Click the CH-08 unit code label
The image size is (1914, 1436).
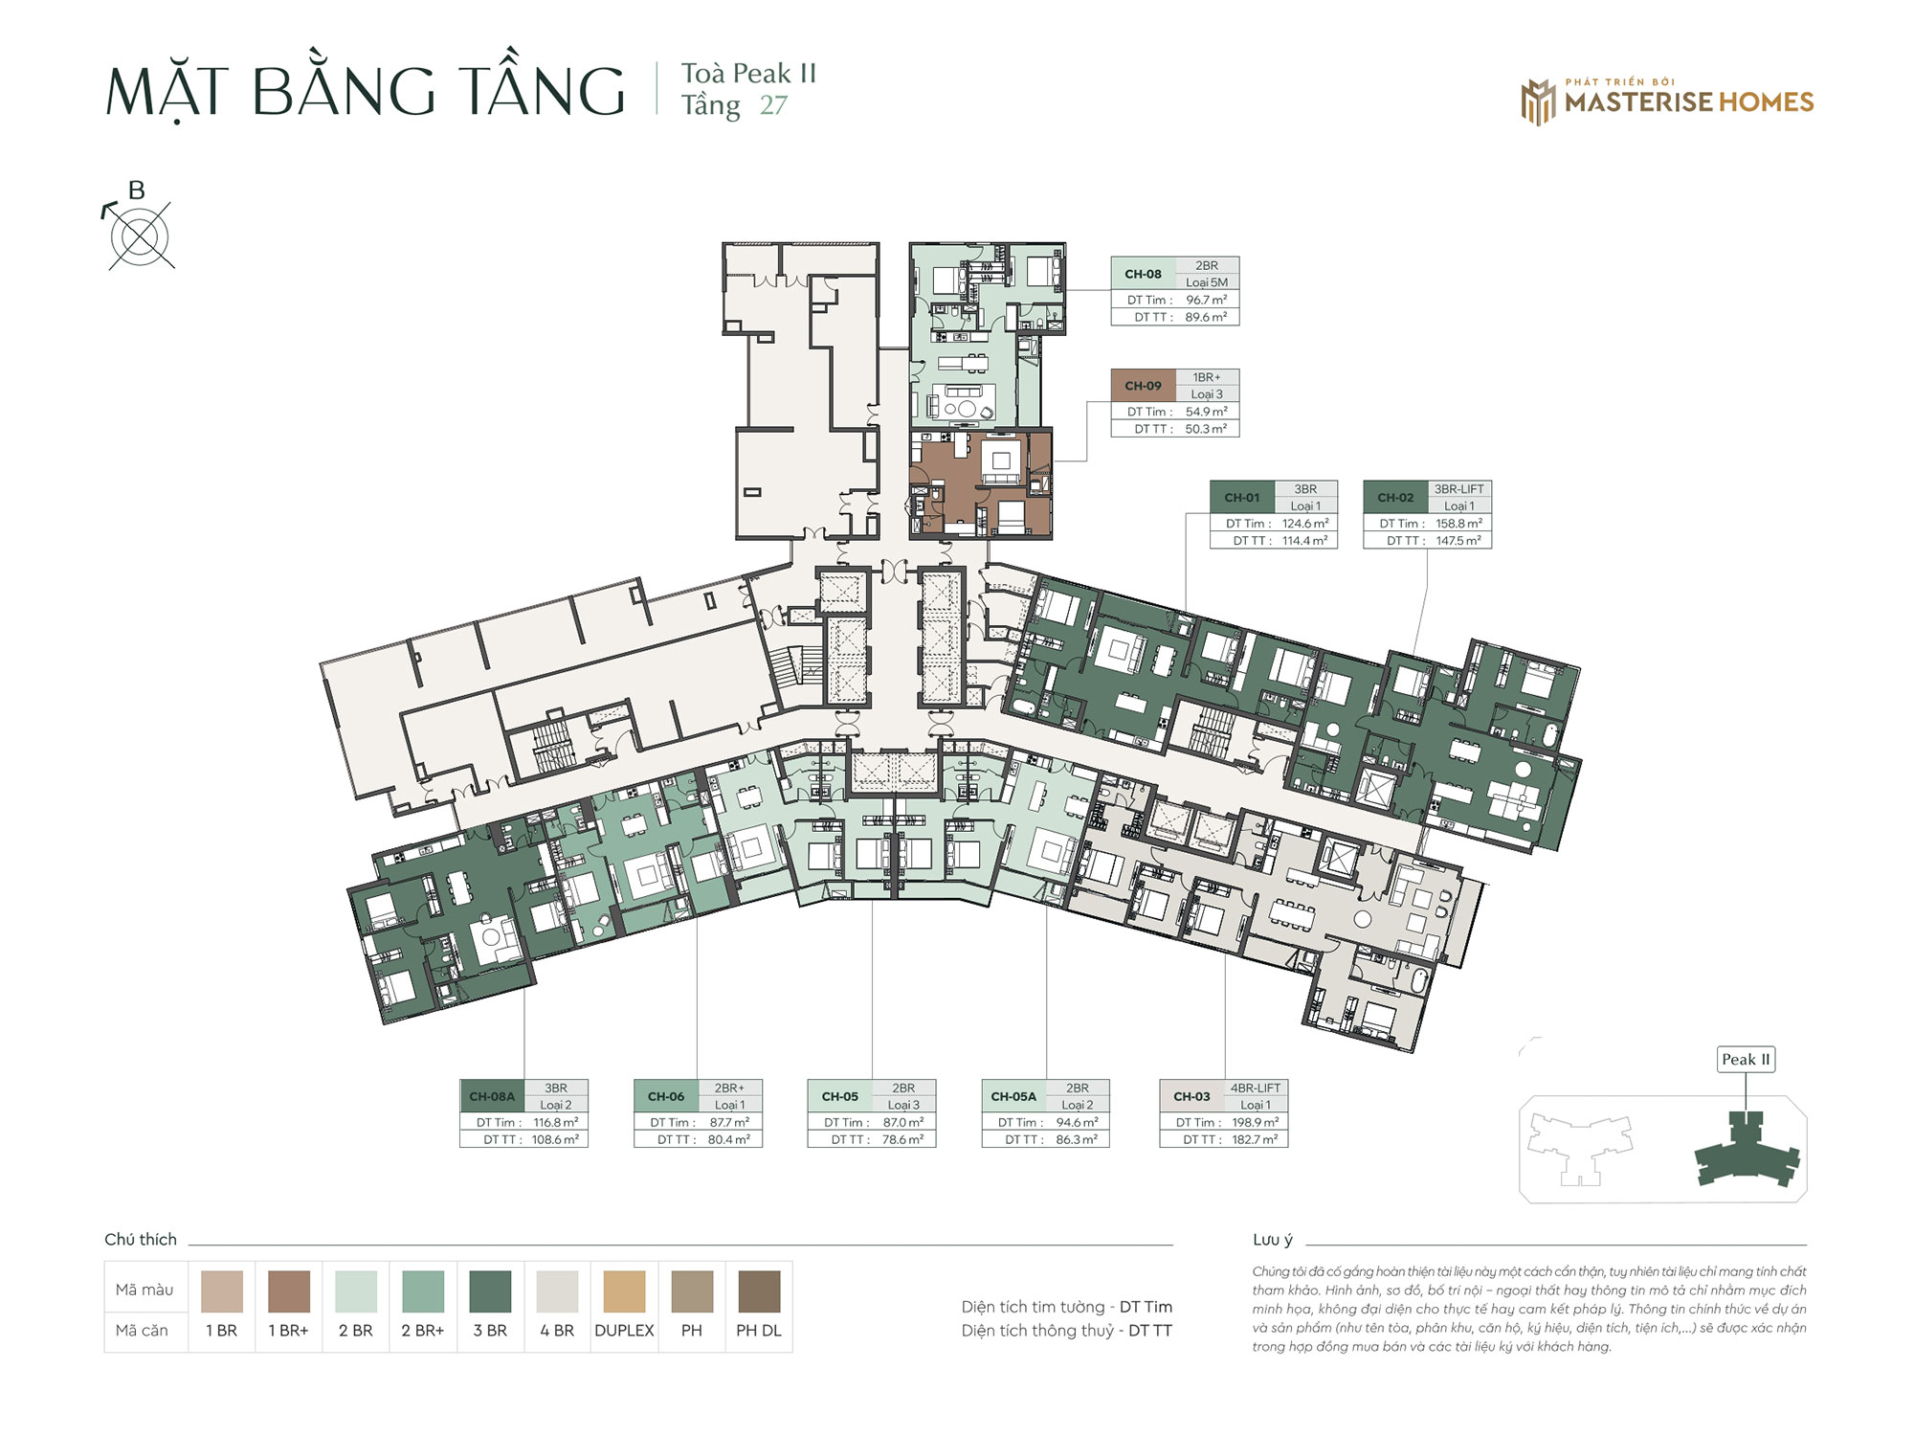point(1143,274)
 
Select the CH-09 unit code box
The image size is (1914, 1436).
point(1143,386)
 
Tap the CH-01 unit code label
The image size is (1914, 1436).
point(1242,498)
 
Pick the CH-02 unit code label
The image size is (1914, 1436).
point(1395,498)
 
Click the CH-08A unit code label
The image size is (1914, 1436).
point(492,1096)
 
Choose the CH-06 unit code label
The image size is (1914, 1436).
point(666,1096)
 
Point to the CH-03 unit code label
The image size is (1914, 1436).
point(1191,1096)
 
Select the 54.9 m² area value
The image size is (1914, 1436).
point(1207,412)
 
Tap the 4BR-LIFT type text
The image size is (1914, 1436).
point(1256,1088)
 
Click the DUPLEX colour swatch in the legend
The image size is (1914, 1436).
point(624,1291)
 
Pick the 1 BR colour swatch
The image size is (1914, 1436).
point(222,1291)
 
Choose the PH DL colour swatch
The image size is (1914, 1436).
point(759,1291)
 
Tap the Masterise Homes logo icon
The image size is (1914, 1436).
point(1539,102)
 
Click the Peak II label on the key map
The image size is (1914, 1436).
point(1746,1060)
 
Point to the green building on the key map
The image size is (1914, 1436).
point(1747,1149)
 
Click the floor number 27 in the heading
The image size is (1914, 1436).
point(773,105)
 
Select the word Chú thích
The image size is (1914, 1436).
point(141,1239)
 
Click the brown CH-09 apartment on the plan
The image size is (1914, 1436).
point(980,482)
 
